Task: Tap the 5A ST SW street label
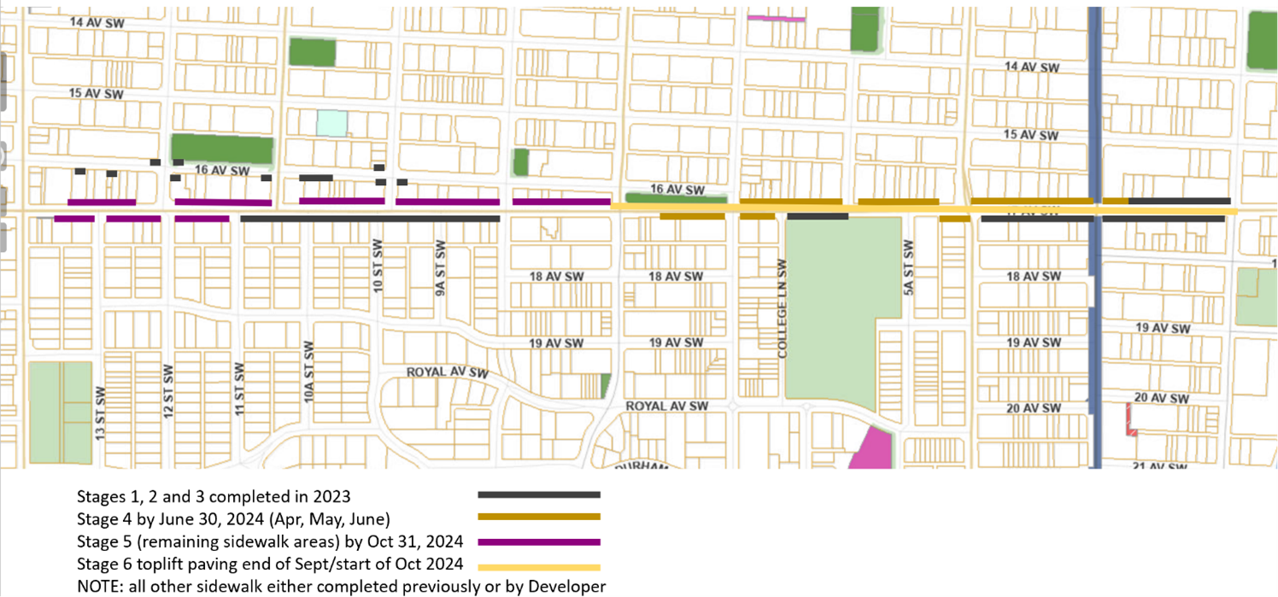(x=908, y=267)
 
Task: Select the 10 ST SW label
(x=377, y=267)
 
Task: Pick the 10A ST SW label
(x=309, y=372)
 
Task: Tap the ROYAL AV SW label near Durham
(x=667, y=407)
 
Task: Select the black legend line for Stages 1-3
(x=539, y=495)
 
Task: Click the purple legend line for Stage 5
(x=539, y=541)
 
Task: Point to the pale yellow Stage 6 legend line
(x=539, y=567)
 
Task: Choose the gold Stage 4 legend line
(x=539, y=517)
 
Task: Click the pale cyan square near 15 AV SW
(x=332, y=123)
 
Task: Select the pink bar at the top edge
(x=776, y=18)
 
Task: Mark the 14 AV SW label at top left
(x=97, y=23)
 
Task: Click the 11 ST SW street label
(x=240, y=389)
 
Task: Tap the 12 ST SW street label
(x=168, y=392)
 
